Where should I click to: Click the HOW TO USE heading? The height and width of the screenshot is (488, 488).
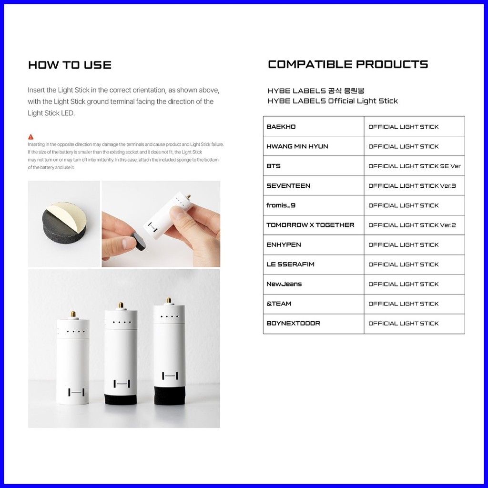[x=70, y=65]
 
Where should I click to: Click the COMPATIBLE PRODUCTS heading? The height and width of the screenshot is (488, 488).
[x=348, y=64]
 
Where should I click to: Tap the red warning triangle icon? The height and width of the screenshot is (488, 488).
[x=31, y=137]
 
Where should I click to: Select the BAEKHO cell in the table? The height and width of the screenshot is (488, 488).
[x=281, y=127]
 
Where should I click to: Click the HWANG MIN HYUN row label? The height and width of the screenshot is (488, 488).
[x=297, y=146]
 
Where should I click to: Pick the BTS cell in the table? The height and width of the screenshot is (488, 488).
[x=274, y=166]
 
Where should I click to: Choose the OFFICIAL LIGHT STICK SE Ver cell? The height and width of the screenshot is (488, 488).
[x=414, y=166]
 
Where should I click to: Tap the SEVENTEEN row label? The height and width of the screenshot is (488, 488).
[x=288, y=186]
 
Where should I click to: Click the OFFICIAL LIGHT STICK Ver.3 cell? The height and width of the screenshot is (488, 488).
[x=412, y=186]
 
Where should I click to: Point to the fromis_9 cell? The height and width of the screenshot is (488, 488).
[x=281, y=205]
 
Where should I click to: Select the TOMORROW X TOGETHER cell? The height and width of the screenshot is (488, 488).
[x=310, y=225]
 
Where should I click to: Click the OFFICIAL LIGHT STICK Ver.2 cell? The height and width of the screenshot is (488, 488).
[x=412, y=225]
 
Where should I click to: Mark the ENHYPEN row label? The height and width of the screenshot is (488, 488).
[x=284, y=244]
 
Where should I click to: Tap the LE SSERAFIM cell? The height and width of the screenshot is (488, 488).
[x=290, y=264]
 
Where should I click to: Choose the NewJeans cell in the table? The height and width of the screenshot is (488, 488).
[x=284, y=284]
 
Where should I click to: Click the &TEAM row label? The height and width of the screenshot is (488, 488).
[x=279, y=304]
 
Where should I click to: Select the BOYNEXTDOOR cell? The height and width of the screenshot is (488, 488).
[x=293, y=323]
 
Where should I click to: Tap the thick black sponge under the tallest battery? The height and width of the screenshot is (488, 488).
[x=170, y=395]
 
